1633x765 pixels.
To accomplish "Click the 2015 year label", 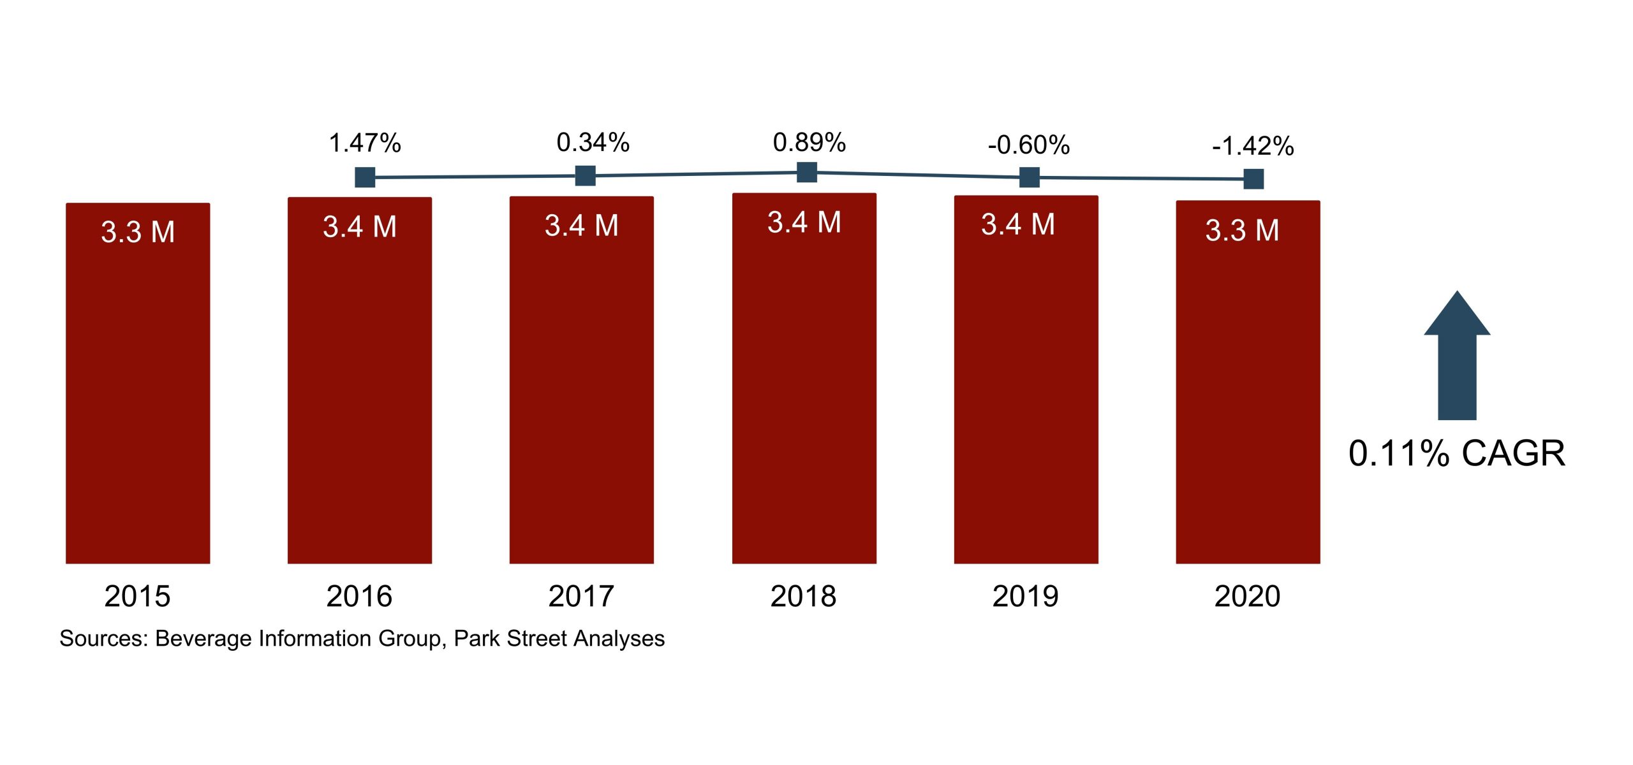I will [x=137, y=597].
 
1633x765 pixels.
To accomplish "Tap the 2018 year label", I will [x=803, y=597].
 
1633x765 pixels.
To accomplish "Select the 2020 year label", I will [x=1247, y=597].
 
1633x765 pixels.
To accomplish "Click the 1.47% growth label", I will [x=364, y=143].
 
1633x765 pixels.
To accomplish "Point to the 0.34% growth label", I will [x=593, y=143].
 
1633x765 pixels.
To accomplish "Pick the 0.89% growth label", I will [x=809, y=143].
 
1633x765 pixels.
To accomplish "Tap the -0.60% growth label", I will [x=1028, y=145].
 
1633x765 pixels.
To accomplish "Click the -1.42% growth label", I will [x=1253, y=147].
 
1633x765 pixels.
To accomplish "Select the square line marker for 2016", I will [x=365, y=177].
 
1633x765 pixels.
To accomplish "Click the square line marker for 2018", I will [x=807, y=172].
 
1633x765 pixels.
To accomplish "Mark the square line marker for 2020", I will [x=1253, y=179].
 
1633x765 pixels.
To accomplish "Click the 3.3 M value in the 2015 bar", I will [x=138, y=232].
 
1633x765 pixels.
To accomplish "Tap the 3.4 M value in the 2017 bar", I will [x=581, y=226].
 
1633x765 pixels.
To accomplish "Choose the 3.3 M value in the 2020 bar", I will [x=1242, y=231].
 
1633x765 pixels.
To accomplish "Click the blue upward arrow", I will [x=1457, y=357].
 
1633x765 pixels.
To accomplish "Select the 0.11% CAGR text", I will [x=1457, y=454].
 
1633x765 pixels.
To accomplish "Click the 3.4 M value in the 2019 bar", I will [x=1018, y=224].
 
